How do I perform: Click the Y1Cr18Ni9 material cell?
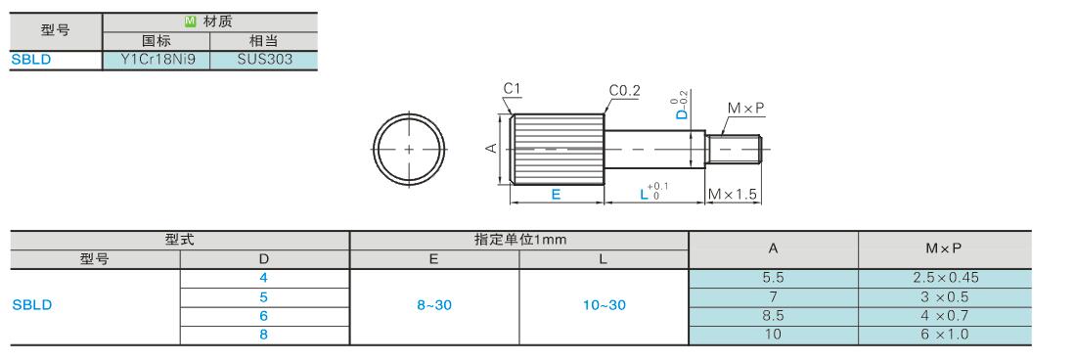(x=156, y=60)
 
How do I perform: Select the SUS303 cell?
(x=264, y=60)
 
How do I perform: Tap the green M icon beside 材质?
(x=190, y=22)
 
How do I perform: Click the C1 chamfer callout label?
(x=512, y=88)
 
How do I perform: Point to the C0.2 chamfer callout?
(x=624, y=91)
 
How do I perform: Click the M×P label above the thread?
(x=746, y=109)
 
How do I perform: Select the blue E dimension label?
(x=556, y=194)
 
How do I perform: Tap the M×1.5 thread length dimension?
(x=734, y=195)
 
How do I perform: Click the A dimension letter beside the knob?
(x=491, y=148)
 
